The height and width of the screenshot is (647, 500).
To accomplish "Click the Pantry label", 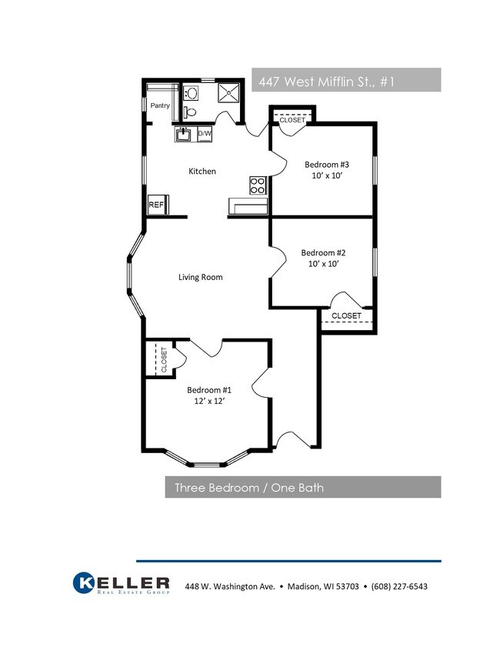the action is coord(160,105).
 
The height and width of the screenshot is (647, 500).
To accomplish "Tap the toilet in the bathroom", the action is coord(190,112).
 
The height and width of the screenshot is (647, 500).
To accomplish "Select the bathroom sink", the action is coord(191,92).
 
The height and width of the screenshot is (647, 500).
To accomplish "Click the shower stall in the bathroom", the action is coord(228,93).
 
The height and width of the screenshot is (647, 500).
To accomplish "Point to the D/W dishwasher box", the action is coord(205,134).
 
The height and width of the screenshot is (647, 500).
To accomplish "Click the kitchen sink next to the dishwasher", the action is coord(183,135).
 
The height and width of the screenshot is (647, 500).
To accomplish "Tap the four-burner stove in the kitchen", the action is coord(258,185).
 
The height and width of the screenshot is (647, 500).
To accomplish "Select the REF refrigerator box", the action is coord(158,205).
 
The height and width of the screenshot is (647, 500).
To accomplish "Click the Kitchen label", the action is coord(202,172).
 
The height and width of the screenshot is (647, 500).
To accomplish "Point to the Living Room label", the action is coord(201,277).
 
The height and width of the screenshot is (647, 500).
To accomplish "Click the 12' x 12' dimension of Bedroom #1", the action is coord(209,401).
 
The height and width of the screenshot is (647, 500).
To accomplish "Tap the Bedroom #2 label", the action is coord(323,253).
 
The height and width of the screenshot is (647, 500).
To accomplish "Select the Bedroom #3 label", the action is coord(327,165).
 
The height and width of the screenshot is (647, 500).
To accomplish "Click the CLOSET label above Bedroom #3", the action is coord(292,120).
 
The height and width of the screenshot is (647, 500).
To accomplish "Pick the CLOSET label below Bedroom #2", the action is coord(346,315).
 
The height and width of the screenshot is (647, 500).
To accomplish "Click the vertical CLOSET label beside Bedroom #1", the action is coord(164,360).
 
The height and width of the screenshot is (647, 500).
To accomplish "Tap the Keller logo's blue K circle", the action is coord(83,582).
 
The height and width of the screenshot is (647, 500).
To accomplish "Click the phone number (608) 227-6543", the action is coord(399,586).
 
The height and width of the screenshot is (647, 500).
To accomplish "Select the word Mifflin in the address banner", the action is coord(336,82).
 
